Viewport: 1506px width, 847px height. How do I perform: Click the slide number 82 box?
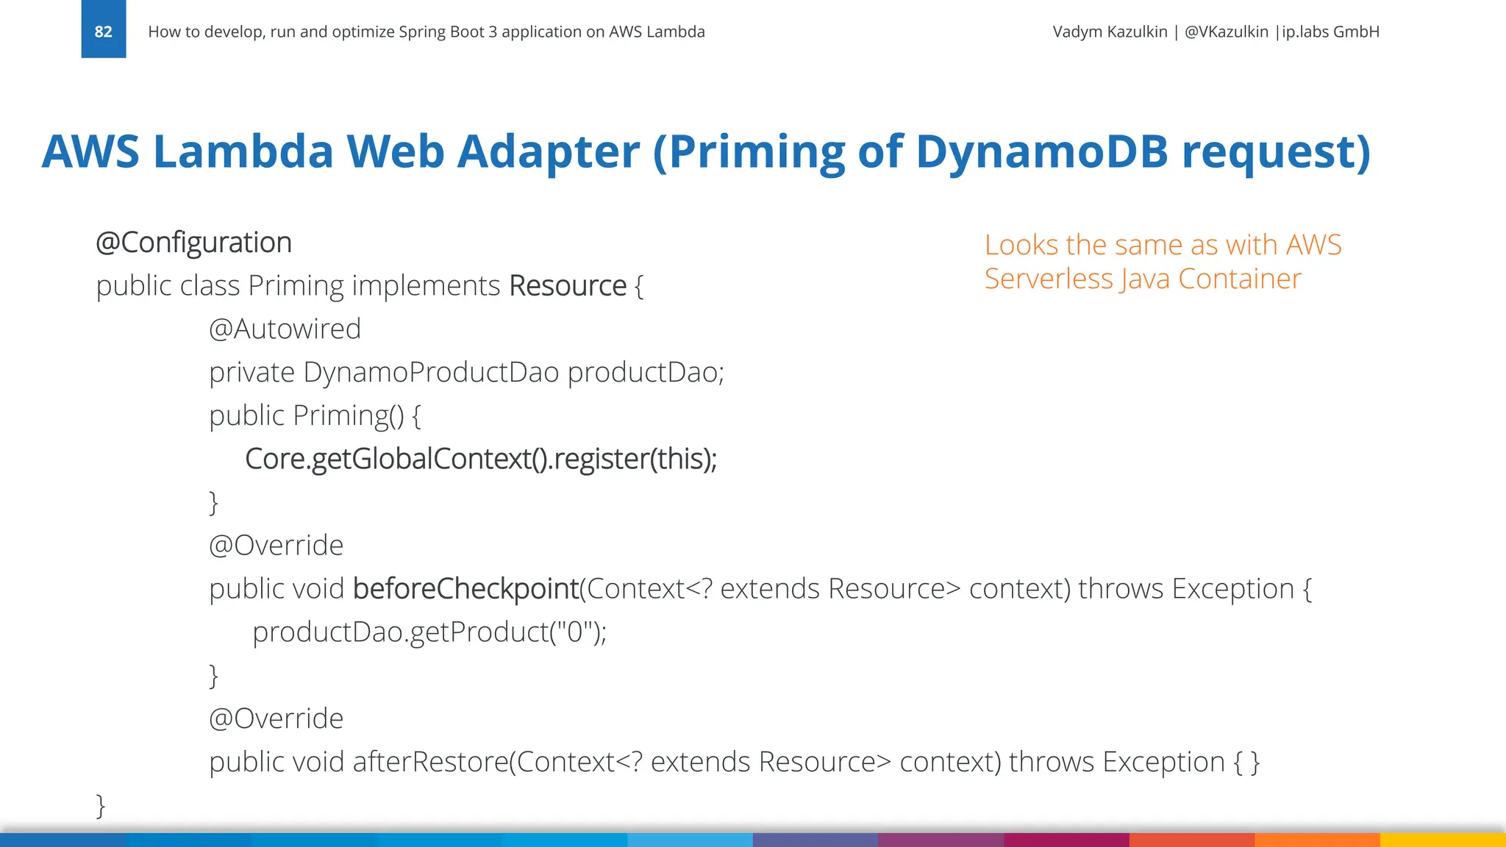tap(103, 29)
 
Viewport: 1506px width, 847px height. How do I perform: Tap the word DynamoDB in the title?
tap(1042, 151)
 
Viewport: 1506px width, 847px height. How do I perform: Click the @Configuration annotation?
tap(194, 243)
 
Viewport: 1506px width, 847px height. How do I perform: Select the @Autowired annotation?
tap(285, 329)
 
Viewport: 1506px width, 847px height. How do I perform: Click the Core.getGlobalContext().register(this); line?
tap(481, 459)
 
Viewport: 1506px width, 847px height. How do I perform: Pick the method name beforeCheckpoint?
tap(465, 589)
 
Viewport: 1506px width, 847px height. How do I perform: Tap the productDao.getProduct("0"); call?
tap(429, 632)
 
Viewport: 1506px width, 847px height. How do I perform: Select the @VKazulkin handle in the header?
tap(1226, 32)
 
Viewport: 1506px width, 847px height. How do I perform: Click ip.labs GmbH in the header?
tap(1331, 32)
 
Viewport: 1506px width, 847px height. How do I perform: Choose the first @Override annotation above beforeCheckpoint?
tap(276, 546)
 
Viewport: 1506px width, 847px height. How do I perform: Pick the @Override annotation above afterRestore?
tap(276, 719)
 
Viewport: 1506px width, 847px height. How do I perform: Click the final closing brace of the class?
tap(101, 806)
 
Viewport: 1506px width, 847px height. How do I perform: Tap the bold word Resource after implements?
tap(568, 286)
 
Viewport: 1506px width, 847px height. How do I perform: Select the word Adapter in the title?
tap(548, 151)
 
